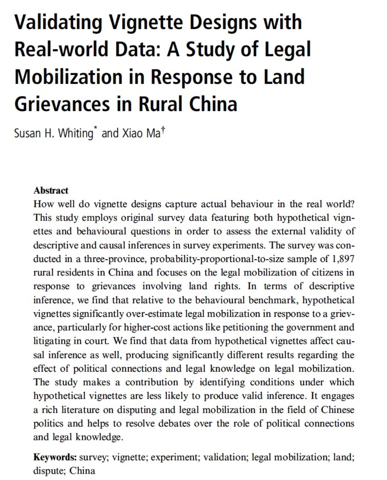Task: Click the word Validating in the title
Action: (x=58, y=22)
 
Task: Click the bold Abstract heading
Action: (x=51, y=190)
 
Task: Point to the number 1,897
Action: (x=343, y=259)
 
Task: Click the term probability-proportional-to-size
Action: (x=211, y=259)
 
